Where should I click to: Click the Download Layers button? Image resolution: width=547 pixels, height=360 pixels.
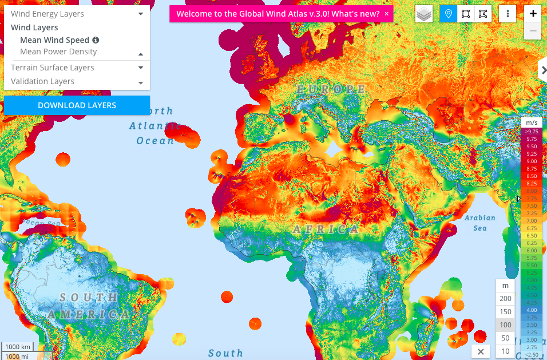(x=77, y=105)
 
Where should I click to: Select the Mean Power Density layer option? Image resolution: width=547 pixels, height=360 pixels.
(x=58, y=52)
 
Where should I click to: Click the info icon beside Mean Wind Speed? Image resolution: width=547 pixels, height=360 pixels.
(x=96, y=40)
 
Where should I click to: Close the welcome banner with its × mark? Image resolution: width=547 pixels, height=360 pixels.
(x=387, y=14)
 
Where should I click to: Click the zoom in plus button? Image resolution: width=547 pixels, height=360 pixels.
(x=533, y=14)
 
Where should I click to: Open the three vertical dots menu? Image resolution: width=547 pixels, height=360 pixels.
(x=508, y=14)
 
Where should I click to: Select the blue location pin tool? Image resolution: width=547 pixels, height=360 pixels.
(x=448, y=14)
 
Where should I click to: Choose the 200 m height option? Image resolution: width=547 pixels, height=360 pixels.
(x=505, y=299)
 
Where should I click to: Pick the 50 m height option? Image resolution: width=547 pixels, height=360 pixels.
(x=505, y=338)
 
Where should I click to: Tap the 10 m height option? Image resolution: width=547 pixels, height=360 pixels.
(x=505, y=351)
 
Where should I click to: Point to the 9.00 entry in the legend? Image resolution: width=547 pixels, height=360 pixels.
(x=532, y=161)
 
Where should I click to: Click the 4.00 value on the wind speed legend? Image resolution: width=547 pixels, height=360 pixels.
(x=532, y=310)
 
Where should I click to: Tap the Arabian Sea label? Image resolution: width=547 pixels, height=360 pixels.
(x=479, y=223)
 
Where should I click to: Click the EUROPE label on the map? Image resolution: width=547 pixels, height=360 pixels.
(x=331, y=89)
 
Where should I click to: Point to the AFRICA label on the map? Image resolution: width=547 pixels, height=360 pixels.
(x=327, y=229)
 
